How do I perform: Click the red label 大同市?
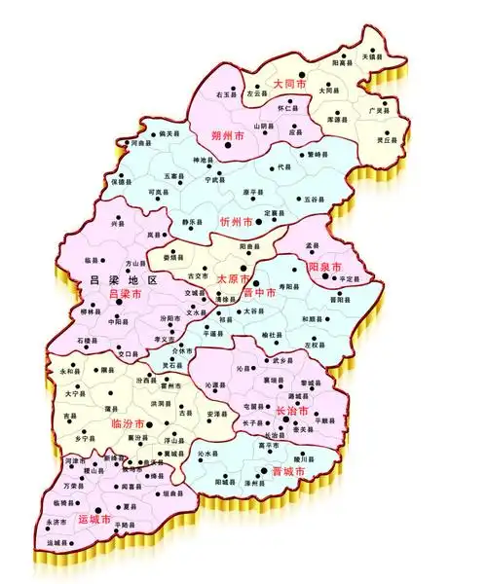(289, 85)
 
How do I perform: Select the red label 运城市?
(94, 521)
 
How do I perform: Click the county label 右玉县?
(227, 93)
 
